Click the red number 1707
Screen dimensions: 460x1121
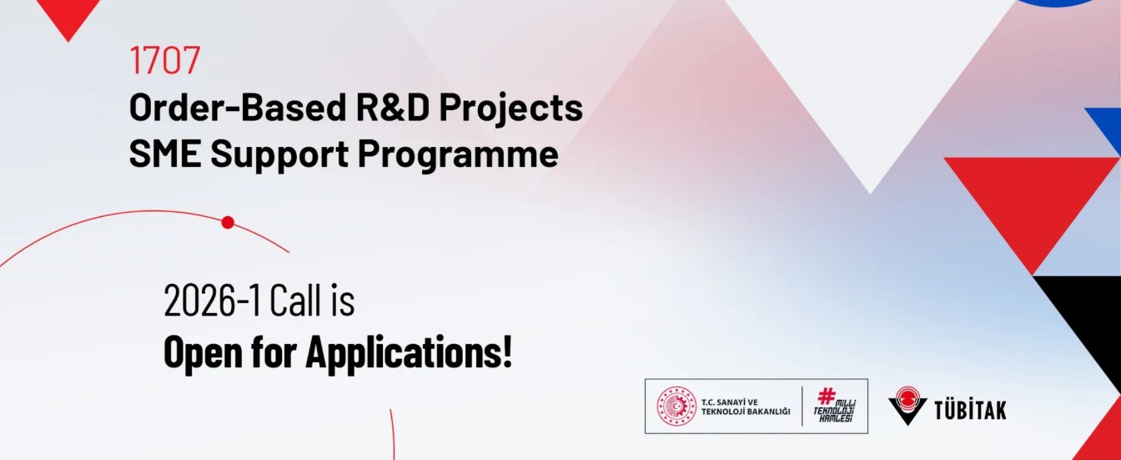pyautogui.click(x=165, y=60)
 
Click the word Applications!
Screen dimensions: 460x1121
pyautogui.click(x=408, y=353)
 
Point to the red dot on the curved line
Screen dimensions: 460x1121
pyautogui.click(x=228, y=222)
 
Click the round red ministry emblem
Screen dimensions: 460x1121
pyautogui.click(x=676, y=407)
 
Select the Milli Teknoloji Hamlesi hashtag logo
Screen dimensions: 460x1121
pyautogui.click(x=834, y=406)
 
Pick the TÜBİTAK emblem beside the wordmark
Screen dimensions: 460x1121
pyautogui.click(x=907, y=406)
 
